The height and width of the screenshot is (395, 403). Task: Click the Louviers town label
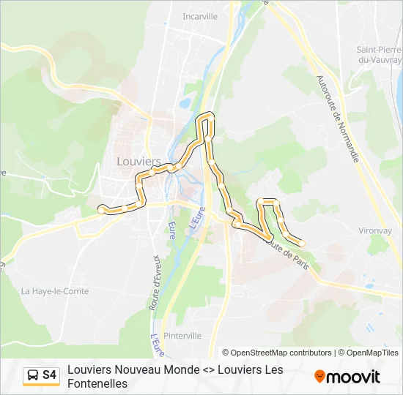[x=138, y=161]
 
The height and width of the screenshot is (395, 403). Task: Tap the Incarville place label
[x=200, y=16]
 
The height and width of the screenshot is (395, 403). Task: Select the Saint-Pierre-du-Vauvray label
[x=380, y=56]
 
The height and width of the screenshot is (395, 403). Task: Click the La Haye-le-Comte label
[x=55, y=291]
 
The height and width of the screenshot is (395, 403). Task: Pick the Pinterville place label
[x=183, y=336]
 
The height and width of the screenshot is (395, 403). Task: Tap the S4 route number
[x=50, y=375]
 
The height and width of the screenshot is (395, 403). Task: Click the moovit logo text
[x=353, y=377]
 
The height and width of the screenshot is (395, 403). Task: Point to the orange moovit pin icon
[x=319, y=377]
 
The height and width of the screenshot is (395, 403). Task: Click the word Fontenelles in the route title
[x=97, y=383]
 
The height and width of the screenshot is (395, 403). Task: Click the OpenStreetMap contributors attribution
[x=277, y=353]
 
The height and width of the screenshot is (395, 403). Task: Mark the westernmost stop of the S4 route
[x=102, y=210]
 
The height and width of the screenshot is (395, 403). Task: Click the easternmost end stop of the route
[x=302, y=243]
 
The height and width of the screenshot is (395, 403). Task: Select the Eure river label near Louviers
[x=171, y=230]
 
